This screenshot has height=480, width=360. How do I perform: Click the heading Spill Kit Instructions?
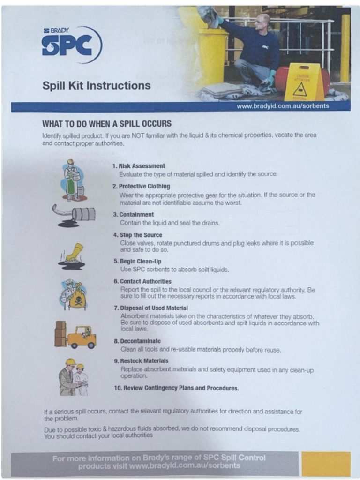pyautogui.click(x=97, y=86)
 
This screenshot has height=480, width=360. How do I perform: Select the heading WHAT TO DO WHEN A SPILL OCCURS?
pyautogui.click(x=107, y=124)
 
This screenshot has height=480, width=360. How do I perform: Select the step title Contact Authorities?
pyautogui.click(x=146, y=281)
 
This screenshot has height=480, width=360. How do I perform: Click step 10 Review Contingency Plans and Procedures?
pyautogui.click(x=176, y=388)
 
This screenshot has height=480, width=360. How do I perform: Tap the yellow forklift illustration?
pyautogui.click(x=76, y=335)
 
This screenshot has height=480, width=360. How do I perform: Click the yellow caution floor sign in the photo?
pyautogui.click(x=303, y=82)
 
